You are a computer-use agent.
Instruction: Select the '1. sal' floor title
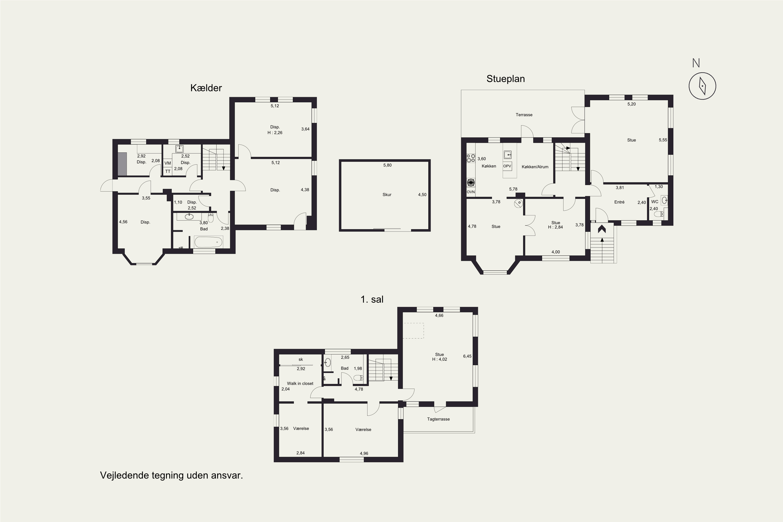pyautogui.click(x=372, y=299)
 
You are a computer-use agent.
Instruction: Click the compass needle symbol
pyautogui.click(x=702, y=86)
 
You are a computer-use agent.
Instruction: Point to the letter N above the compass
pyautogui.click(x=696, y=63)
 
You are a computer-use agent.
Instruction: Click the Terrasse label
pyautogui.click(x=524, y=115)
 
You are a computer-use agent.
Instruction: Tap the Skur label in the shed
pyautogui.click(x=387, y=195)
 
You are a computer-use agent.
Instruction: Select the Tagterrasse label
pyautogui.click(x=438, y=419)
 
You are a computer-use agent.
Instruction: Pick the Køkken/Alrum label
pyautogui.click(x=535, y=167)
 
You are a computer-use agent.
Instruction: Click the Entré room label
pyautogui.click(x=619, y=202)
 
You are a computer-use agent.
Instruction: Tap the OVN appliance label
pyautogui.click(x=471, y=192)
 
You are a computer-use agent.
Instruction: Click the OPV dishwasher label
pyautogui.click(x=507, y=166)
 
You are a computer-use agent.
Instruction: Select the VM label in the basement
pyautogui.click(x=168, y=163)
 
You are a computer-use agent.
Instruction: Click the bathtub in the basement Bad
pyautogui.click(x=208, y=242)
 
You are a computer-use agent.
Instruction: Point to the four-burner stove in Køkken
pyautogui.click(x=471, y=158)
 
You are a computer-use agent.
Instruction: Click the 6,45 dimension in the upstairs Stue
pyautogui.click(x=467, y=356)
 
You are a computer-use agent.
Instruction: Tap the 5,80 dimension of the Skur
pyautogui.click(x=388, y=165)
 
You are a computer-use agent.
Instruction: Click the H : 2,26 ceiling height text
pyautogui.click(x=275, y=133)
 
